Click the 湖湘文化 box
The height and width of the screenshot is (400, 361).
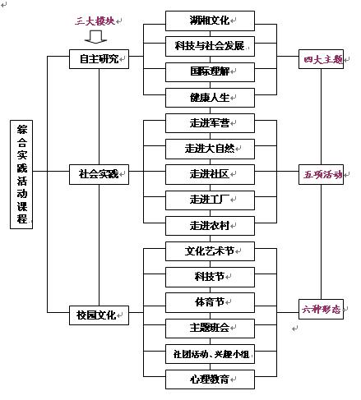point(210,21)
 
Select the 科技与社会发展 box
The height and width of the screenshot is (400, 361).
point(210,46)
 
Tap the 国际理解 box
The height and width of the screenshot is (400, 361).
point(210,72)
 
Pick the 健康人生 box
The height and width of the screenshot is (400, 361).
point(210,98)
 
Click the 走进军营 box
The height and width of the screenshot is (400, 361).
point(210,123)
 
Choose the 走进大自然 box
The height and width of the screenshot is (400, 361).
point(210,149)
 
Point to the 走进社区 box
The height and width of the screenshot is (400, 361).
point(210,174)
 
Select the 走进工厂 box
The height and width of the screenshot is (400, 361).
point(210,200)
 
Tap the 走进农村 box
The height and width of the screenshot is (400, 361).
point(210,226)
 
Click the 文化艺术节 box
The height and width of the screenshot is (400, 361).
point(210,251)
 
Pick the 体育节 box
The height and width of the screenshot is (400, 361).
point(210,302)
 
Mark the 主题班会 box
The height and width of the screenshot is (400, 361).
point(210,329)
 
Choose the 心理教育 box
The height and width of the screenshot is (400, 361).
point(210,379)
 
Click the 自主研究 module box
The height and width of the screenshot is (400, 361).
point(99,59)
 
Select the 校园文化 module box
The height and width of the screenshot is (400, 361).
point(99,315)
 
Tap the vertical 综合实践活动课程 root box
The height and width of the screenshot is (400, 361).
point(21,174)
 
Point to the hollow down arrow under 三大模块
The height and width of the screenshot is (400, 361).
point(95,37)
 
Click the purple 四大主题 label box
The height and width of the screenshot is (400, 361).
point(321,59)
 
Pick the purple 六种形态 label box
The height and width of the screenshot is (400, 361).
point(321,309)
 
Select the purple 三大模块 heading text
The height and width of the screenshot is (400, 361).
point(95,21)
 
